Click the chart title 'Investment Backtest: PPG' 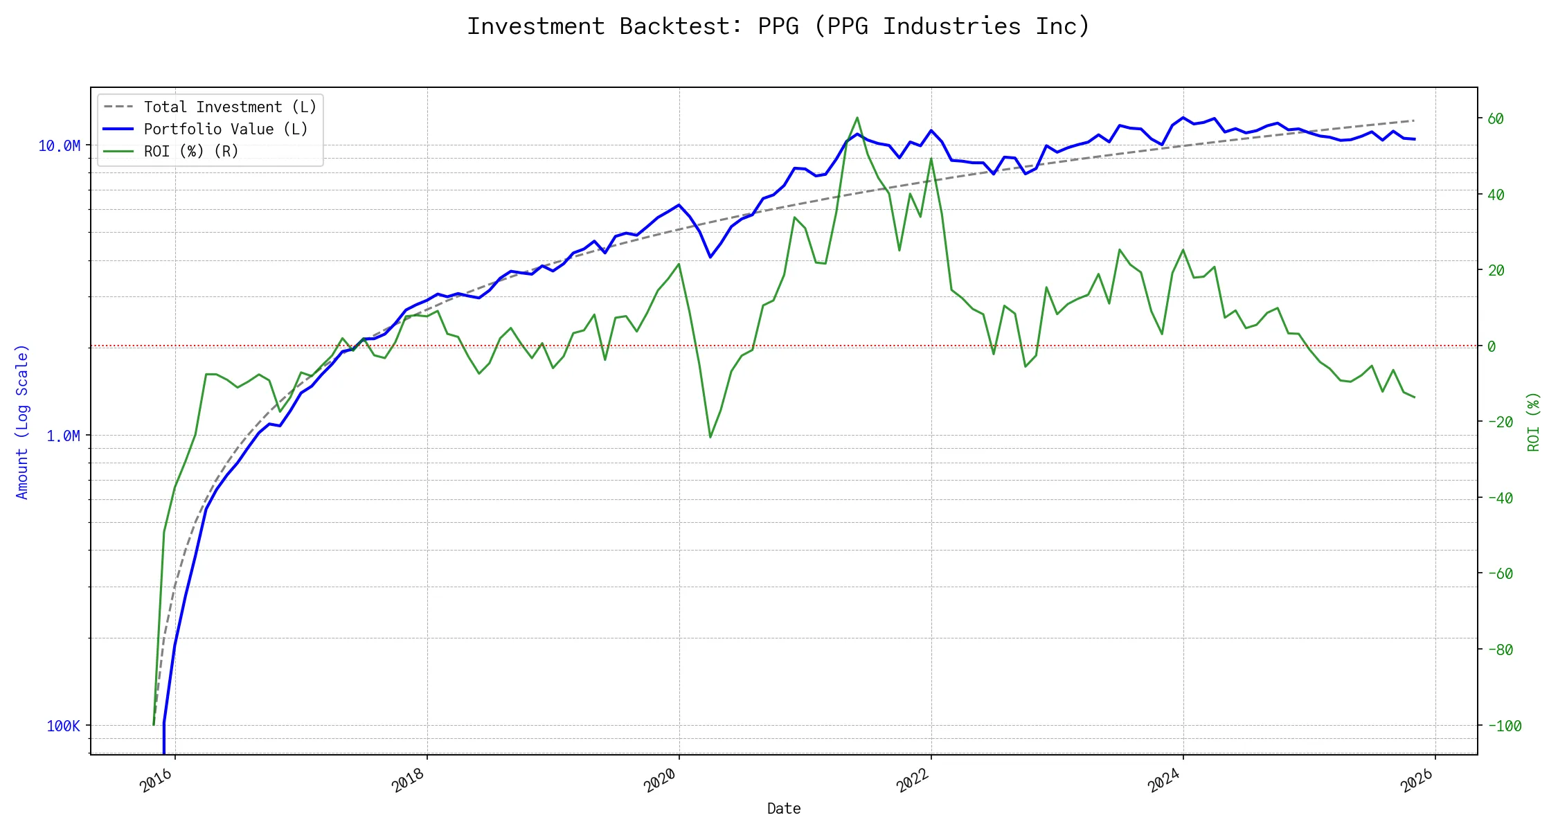pyautogui.click(x=778, y=26)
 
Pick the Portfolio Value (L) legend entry pyautogui.click(x=226, y=129)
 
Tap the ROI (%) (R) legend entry pyautogui.click(x=191, y=152)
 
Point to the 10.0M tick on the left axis pyautogui.click(x=60, y=146)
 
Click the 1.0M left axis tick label pyautogui.click(x=63, y=436)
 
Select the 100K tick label pyautogui.click(x=63, y=726)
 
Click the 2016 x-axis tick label pyautogui.click(x=156, y=781)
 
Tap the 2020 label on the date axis pyautogui.click(x=660, y=781)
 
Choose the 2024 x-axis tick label pyautogui.click(x=1164, y=781)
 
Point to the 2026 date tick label pyautogui.click(x=1417, y=781)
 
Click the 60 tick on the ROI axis pyautogui.click(x=1496, y=119)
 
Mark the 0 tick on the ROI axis pyautogui.click(x=1492, y=346)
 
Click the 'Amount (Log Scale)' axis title pyautogui.click(x=22, y=422)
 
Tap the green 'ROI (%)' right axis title pyautogui.click(x=1533, y=422)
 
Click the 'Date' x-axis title pyautogui.click(x=784, y=809)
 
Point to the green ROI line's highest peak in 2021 pyautogui.click(x=857, y=118)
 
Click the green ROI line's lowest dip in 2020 pyautogui.click(x=710, y=437)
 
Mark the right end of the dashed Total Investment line pyautogui.click(x=1414, y=120)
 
